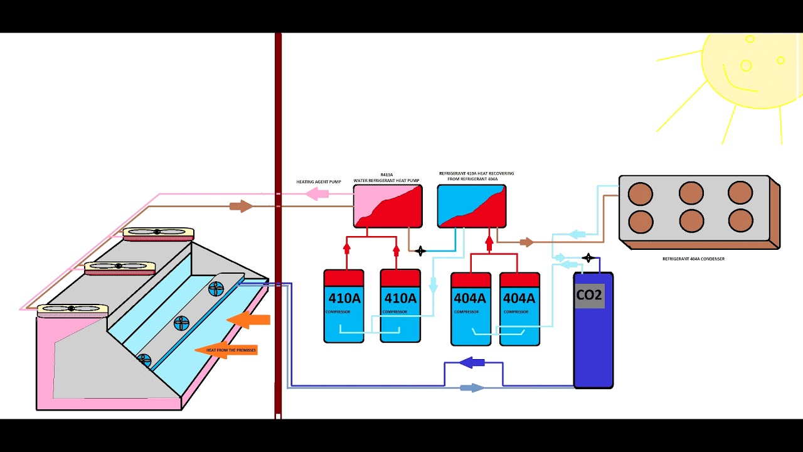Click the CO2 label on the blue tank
point(589,295)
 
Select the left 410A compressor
point(344,306)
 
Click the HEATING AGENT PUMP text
point(319,182)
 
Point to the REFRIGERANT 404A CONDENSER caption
point(693,259)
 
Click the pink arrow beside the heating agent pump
point(317,195)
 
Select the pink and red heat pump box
point(388,207)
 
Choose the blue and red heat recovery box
point(472,206)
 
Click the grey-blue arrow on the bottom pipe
point(472,388)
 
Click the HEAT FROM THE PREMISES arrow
point(226,350)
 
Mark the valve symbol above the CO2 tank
point(588,258)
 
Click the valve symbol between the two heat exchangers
point(420,251)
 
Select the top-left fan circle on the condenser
point(641,193)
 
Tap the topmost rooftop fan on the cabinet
point(158,233)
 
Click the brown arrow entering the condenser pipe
point(526,242)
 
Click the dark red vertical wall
point(278,226)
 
